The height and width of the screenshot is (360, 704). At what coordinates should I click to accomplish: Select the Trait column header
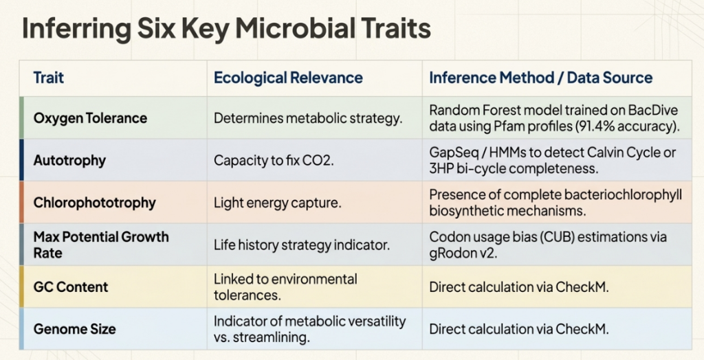coord(49,78)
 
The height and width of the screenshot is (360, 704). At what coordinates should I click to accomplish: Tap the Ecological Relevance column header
coord(288,78)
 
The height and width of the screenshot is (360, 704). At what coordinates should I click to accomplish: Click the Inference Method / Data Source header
coord(540,78)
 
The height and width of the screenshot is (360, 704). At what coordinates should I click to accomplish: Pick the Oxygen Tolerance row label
coord(90,118)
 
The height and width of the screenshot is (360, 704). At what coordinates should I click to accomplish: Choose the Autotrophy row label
coord(69,160)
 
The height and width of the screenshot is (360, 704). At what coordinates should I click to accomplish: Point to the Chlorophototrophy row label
coord(94,203)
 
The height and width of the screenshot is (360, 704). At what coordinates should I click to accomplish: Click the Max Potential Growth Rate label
coord(101,245)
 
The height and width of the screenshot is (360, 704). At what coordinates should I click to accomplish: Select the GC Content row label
coord(71,287)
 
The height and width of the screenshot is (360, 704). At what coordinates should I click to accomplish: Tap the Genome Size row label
coord(74,329)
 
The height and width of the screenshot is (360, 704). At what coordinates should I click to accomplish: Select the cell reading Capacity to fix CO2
coord(274,160)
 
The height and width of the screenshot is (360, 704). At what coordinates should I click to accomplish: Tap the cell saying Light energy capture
coord(278,203)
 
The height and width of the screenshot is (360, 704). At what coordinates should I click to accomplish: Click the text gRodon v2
coord(463,253)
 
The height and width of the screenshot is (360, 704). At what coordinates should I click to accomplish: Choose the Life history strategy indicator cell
coord(302,245)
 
